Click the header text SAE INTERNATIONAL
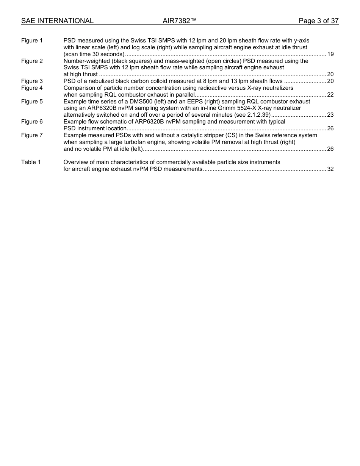57,21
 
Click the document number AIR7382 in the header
180,21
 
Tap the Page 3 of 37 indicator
318,21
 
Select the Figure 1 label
32,41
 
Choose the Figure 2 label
32,61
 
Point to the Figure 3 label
32,81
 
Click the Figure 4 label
32,88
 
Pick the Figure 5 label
32,102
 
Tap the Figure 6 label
32,122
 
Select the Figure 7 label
32,135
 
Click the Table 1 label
31,162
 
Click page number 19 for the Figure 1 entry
330,54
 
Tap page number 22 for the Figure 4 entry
330,95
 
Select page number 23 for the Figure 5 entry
330,115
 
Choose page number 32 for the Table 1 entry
330,169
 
